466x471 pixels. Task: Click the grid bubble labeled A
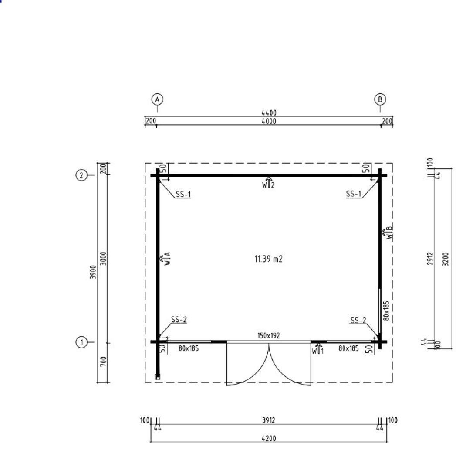(157, 99)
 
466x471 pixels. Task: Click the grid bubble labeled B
(380, 99)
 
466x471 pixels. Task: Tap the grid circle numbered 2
(81, 175)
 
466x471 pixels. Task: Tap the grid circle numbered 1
(81, 342)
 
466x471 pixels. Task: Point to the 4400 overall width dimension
(269, 113)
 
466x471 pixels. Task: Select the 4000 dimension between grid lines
(269, 121)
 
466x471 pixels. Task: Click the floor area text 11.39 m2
(269, 259)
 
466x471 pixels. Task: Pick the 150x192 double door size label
(269, 335)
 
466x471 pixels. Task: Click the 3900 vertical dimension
(93, 272)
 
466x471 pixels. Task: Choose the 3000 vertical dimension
(103, 259)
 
